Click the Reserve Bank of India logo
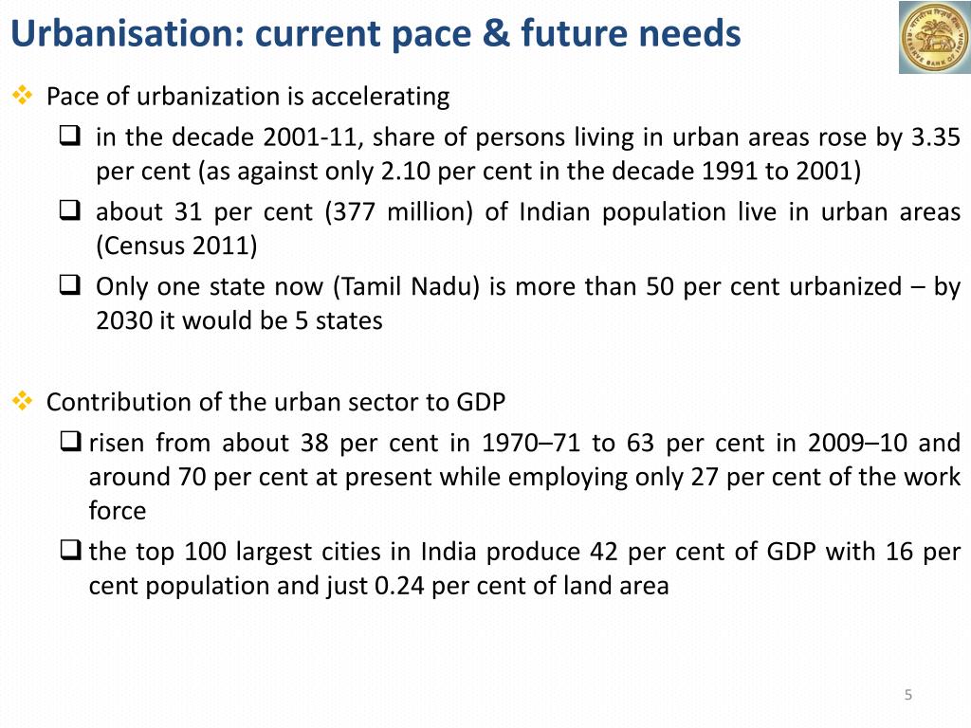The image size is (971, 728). (x=933, y=37)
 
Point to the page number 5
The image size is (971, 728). (x=907, y=696)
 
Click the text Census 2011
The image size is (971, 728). (x=176, y=246)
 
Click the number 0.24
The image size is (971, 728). (x=399, y=586)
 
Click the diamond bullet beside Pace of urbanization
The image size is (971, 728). (x=21, y=96)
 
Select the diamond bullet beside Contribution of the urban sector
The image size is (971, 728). (x=21, y=401)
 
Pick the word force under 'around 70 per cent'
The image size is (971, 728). (x=118, y=512)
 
